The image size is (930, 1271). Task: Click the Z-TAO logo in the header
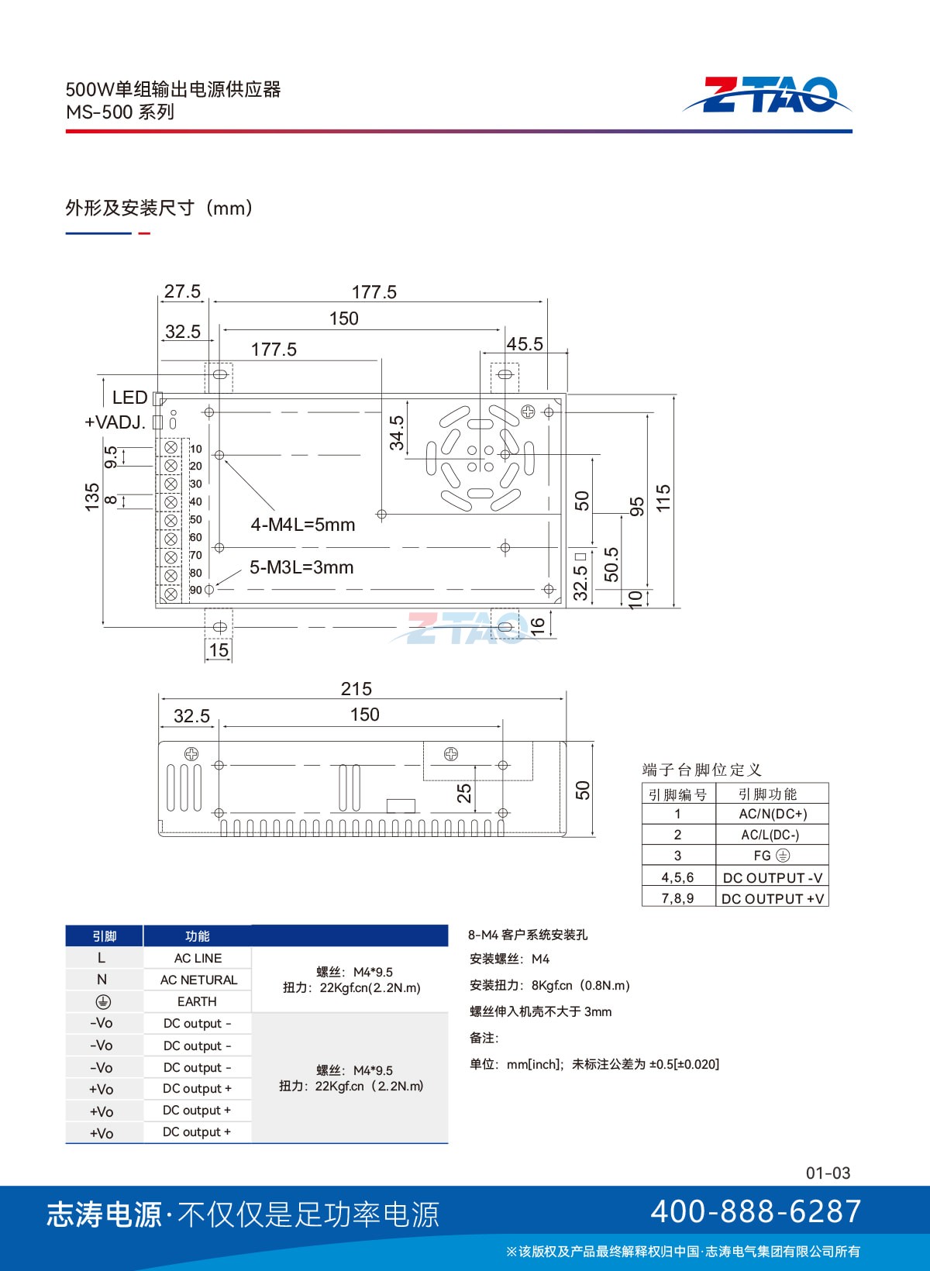pos(766,95)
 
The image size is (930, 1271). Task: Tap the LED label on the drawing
pos(129,397)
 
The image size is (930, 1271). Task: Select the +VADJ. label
pos(115,422)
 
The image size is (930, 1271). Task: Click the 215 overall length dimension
pos(356,689)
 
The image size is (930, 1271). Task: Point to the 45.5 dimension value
pos(525,344)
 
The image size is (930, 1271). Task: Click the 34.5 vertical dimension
pos(397,433)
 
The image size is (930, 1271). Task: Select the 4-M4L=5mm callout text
pos(303,524)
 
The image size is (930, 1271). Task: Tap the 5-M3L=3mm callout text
pos(301,567)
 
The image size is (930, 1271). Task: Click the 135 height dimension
pos(92,497)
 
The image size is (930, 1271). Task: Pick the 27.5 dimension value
pos(182,291)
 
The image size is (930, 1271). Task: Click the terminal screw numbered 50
pos(170,520)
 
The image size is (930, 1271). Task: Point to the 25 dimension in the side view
pos(464,793)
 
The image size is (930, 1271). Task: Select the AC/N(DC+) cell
pos(772,814)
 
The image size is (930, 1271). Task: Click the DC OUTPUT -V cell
pos(772,878)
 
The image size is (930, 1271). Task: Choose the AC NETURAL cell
pos(198,980)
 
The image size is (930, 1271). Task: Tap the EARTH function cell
pos(197,1001)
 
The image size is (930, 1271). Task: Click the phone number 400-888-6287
pos(755,1211)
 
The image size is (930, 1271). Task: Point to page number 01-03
pos(828,1173)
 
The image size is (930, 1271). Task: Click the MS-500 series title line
pos(119,112)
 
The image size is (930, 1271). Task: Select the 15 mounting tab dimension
pos(219,650)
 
